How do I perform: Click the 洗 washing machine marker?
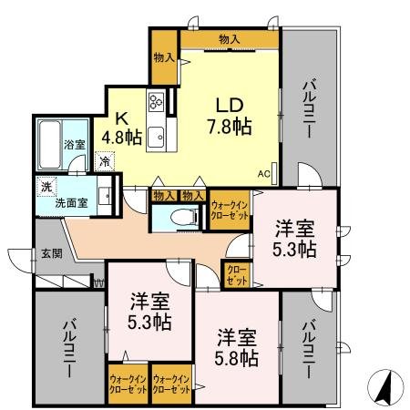pos(46,187)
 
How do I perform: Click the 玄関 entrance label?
pos(50,254)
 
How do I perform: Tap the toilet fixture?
pos(185,217)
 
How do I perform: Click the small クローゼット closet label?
pos(236,275)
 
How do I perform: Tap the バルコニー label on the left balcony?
pos(69,348)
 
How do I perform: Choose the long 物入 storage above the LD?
pos(229,38)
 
